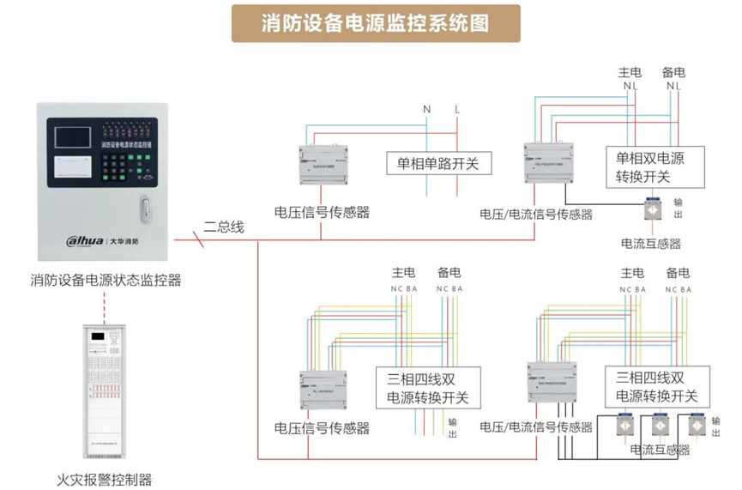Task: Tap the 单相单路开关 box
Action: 437,162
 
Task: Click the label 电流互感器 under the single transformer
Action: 651,243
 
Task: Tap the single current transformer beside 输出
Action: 652,208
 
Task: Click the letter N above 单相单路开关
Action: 426,109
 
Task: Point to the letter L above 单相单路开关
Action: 457,109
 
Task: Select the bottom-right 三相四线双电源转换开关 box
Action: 657,388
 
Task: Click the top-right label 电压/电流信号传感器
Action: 536,214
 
